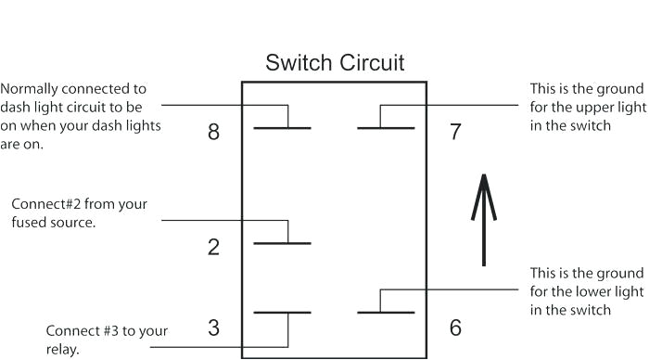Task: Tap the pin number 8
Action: pos(214,132)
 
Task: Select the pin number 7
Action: pos(454,132)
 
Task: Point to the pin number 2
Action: pos(214,248)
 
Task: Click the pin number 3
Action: pos(214,328)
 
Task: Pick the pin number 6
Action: pos(454,328)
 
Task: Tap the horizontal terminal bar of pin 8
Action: pos(282,126)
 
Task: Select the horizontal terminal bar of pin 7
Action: pos(386,126)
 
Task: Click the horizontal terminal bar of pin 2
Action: pos(282,243)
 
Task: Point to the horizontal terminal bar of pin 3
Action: pos(282,313)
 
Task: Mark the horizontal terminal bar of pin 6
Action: pos(386,313)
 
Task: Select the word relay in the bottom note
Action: pos(62,351)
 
